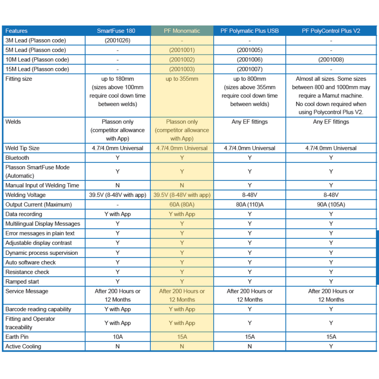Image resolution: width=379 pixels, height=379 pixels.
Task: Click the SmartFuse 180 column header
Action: pyautogui.click(x=117, y=31)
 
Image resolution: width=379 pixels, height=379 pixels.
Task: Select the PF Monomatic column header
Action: pyautogui.click(x=182, y=31)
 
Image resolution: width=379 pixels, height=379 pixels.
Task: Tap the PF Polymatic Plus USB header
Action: pyautogui.click(x=249, y=31)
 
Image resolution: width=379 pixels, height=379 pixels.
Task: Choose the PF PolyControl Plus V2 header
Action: pyautogui.click(x=331, y=31)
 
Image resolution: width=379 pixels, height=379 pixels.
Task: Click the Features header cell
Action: pyautogui.click(x=17, y=31)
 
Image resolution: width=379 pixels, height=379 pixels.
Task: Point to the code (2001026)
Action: pyautogui.click(x=117, y=40)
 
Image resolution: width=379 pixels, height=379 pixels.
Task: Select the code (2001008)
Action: pyautogui.click(x=331, y=60)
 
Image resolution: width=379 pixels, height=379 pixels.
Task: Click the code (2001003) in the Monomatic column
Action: pyautogui.click(x=182, y=69)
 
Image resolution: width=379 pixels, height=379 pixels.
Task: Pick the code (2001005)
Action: pyautogui.click(x=249, y=50)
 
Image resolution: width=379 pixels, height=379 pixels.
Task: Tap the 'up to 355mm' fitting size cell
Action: pyautogui.click(x=182, y=79)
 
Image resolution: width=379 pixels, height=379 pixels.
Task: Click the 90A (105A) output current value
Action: pyautogui.click(x=331, y=204)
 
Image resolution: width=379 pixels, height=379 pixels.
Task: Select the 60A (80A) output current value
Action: pyautogui.click(x=182, y=204)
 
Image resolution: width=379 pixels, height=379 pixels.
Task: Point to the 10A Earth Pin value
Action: pyautogui.click(x=117, y=337)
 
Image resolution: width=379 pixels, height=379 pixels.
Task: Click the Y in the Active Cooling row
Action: pyautogui.click(x=331, y=346)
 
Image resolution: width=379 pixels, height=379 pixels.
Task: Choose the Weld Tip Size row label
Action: pyautogui.click(x=23, y=148)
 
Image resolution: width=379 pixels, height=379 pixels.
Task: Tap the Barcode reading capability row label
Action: pyautogui.click(x=38, y=309)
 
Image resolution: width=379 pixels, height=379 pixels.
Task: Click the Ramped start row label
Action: pyautogui.click(x=22, y=282)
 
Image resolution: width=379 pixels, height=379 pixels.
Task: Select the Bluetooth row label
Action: pyautogui.click(x=17, y=158)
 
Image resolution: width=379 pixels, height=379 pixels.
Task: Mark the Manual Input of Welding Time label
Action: pyautogui.click(x=42, y=185)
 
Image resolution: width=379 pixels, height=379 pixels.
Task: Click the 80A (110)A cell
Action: pyautogui.click(x=249, y=204)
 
